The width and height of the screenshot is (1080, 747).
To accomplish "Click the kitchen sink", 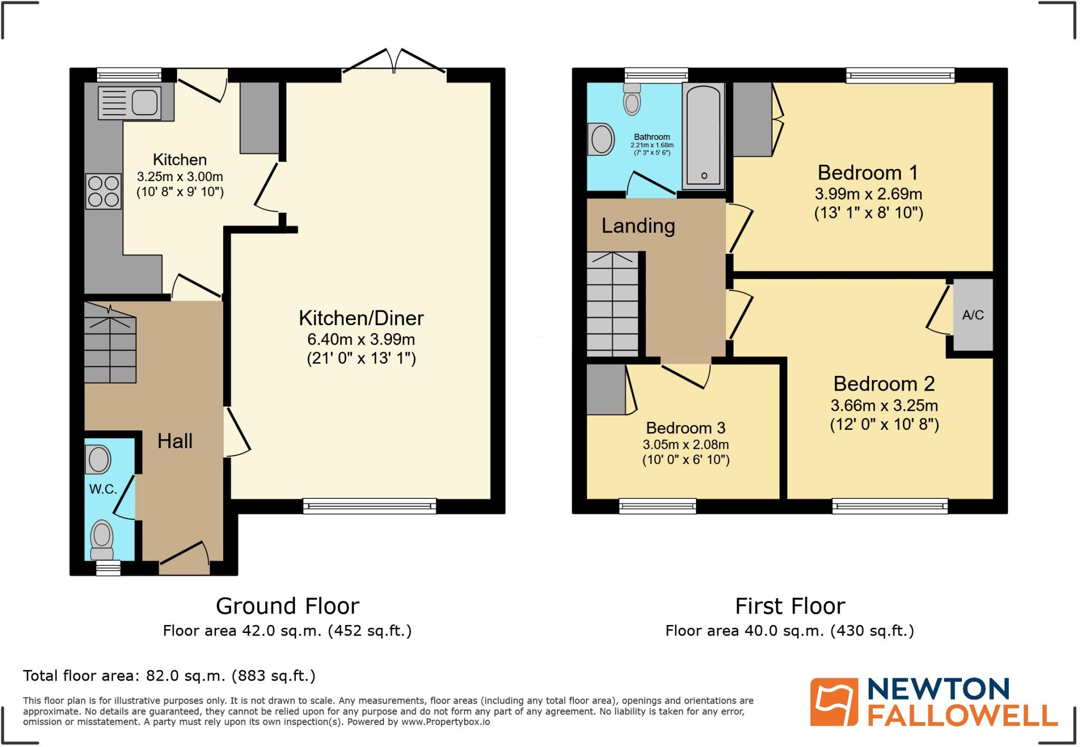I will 130,102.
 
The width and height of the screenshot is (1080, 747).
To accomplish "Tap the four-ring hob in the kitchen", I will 103,192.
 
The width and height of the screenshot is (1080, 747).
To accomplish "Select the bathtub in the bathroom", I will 703,136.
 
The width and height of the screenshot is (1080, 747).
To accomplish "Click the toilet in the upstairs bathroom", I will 632,99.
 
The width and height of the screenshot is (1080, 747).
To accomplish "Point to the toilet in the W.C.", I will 102,538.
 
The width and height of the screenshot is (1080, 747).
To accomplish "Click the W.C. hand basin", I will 99,459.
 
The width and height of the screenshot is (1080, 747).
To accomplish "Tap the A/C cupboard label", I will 973,315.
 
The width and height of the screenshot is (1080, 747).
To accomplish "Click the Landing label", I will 638,226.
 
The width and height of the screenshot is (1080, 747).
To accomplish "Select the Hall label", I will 175,441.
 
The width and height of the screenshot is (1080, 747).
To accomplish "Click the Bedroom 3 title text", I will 686,428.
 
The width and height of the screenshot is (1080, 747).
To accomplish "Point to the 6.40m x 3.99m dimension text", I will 361,339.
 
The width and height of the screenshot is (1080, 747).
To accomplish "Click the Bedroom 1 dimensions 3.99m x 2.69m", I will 869,194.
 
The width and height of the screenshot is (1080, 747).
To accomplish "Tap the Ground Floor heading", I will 287,606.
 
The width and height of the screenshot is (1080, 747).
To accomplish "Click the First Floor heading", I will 790,606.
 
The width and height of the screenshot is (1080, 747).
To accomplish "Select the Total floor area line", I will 169,676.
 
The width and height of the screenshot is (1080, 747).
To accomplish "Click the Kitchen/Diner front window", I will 370,506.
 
